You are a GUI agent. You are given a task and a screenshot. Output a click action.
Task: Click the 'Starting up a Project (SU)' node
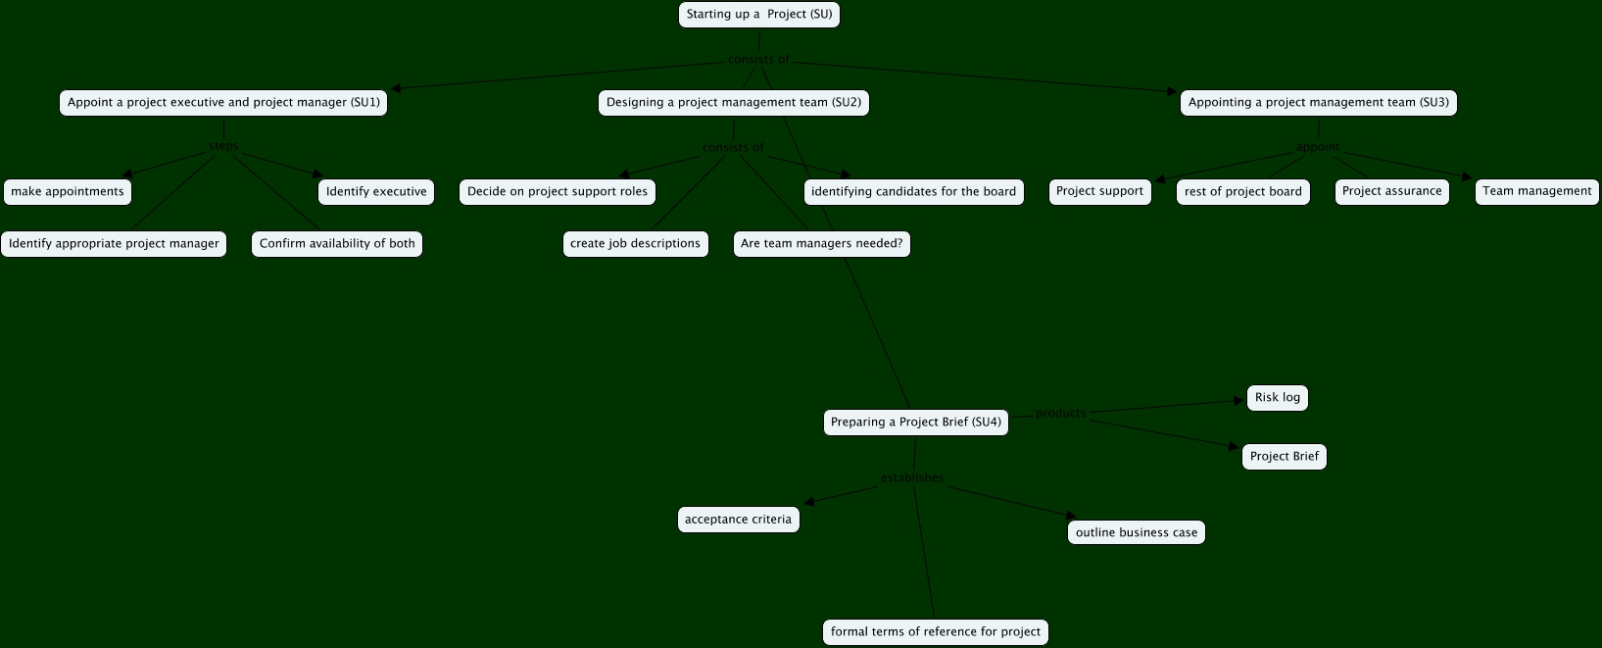(758, 15)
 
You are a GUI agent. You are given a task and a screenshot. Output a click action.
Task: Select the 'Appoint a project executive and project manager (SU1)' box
(223, 103)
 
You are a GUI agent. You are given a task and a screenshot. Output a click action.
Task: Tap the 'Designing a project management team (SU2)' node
(733, 103)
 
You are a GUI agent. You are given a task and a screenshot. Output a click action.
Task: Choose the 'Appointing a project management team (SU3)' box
(1318, 103)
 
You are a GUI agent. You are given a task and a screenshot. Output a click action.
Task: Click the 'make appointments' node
(68, 192)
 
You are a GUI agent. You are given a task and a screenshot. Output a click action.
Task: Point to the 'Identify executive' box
(376, 192)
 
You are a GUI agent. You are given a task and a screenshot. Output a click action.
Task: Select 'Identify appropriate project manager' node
(114, 244)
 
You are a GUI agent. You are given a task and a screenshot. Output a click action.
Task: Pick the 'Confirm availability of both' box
(337, 244)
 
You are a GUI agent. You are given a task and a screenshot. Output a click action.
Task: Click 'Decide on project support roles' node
(558, 192)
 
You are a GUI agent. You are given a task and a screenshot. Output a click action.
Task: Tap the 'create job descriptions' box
(635, 244)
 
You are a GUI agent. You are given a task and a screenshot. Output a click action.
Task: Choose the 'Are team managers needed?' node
(821, 244)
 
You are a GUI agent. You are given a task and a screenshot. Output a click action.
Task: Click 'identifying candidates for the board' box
(913, 192)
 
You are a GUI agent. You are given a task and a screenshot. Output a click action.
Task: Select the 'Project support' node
(1099, 191)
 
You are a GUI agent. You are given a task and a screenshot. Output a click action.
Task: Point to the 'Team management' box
(1536, 191)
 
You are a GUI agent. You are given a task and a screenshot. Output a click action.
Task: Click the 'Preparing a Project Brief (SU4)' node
(915, 423)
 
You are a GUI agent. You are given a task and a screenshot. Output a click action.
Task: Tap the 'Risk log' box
(1277, 398)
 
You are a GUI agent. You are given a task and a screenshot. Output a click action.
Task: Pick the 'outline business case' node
(1136, 533)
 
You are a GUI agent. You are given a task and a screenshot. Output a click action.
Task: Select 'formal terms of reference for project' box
(935, 632)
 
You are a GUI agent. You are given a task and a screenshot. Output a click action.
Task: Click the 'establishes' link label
(912, 478)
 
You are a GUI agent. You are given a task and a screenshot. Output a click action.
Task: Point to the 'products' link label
(1060, 414)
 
